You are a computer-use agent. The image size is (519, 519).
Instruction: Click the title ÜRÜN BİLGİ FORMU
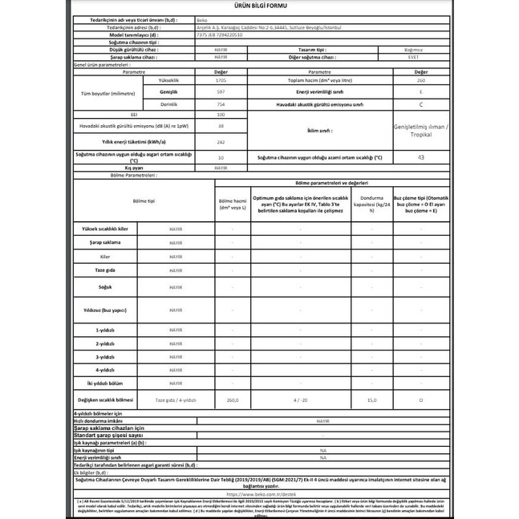[x=259, y=6]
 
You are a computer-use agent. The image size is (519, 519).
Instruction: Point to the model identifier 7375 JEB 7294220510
[x=218, y=35]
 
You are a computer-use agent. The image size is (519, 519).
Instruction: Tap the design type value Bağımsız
[x=420, y=50]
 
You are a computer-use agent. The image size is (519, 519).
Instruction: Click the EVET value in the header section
[x=420, y=57]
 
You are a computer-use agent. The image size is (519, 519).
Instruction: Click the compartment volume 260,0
[x=233, y=399]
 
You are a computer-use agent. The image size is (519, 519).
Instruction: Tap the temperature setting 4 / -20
[x=300, y=399]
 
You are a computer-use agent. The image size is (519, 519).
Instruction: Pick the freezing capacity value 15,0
[x=371, y=399]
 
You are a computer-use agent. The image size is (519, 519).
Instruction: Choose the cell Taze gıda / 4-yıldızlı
[x=175, y=399]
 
